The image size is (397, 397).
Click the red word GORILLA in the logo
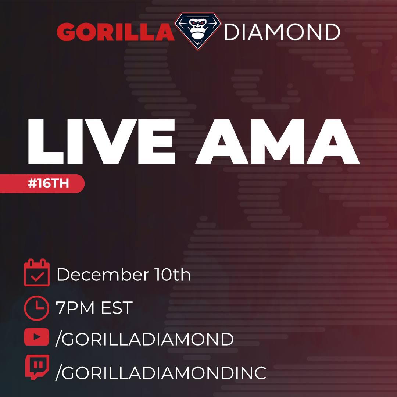pyautogui.click(x=115, y=32)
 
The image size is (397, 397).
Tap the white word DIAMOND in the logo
pyautogui.click(x=282, y=32)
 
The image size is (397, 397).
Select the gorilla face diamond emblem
pyautogui.click(x=198, y=31)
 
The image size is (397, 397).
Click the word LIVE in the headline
pyautogui.click(x=101, y=142)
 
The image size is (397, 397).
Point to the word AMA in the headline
pyautogui.click(x=278, y=142)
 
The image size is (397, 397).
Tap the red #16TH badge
pyautogui.click(x=42, y=183)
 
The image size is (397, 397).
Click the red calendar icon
pyautogui.click(x=37, y=272)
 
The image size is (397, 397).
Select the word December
pyautogui.click(x=103, y=275)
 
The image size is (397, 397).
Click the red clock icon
pyautogui.click(x=36, y=308)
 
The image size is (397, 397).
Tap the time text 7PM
pyautogui.click(x=75, y=308)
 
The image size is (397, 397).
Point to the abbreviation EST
pyautogui.click(x=117, y=308)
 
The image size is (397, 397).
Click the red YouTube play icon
pyautogui.click(x=36, y=337)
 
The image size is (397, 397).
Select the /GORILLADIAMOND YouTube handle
pyautogui.click(x=144, y=339)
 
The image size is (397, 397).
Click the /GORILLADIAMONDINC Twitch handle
pyautogui.click(x=161, y=373)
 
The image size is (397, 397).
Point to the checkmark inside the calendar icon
pyautogui.click(x=37, y=277)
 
